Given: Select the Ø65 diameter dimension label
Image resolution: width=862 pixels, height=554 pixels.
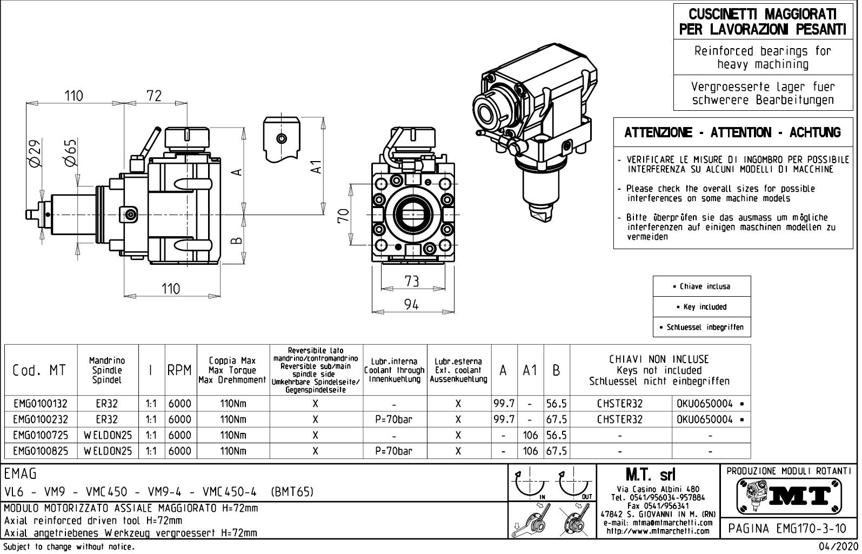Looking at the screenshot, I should click(70, 152).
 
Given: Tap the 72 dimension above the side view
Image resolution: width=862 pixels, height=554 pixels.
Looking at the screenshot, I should click(154, 96).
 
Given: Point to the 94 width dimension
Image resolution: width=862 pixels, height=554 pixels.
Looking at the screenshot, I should click(411, 305).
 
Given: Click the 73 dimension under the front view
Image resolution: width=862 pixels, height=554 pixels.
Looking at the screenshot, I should click(411, 281).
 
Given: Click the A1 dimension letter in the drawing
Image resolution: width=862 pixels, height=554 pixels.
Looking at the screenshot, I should click(318, 167).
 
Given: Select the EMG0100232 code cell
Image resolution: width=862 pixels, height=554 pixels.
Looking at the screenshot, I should click(41, 419).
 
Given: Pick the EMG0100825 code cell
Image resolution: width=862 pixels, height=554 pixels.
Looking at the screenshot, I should click(41, 451).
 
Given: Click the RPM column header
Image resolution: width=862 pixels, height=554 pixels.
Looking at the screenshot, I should click(179, 370).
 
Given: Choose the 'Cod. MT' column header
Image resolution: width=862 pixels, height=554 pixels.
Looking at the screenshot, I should click(39, 370).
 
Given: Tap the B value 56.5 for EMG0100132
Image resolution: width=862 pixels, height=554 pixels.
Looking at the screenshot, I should click(556, 404).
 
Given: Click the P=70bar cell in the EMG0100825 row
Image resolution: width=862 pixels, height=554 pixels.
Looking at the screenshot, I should click(394, 451).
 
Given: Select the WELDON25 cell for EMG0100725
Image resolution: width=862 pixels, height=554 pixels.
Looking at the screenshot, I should click(108, 435).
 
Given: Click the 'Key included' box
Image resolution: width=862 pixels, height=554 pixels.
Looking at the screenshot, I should click(701, 307).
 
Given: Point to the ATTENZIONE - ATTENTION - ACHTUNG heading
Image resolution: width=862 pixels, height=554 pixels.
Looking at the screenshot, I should click(732, 132).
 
